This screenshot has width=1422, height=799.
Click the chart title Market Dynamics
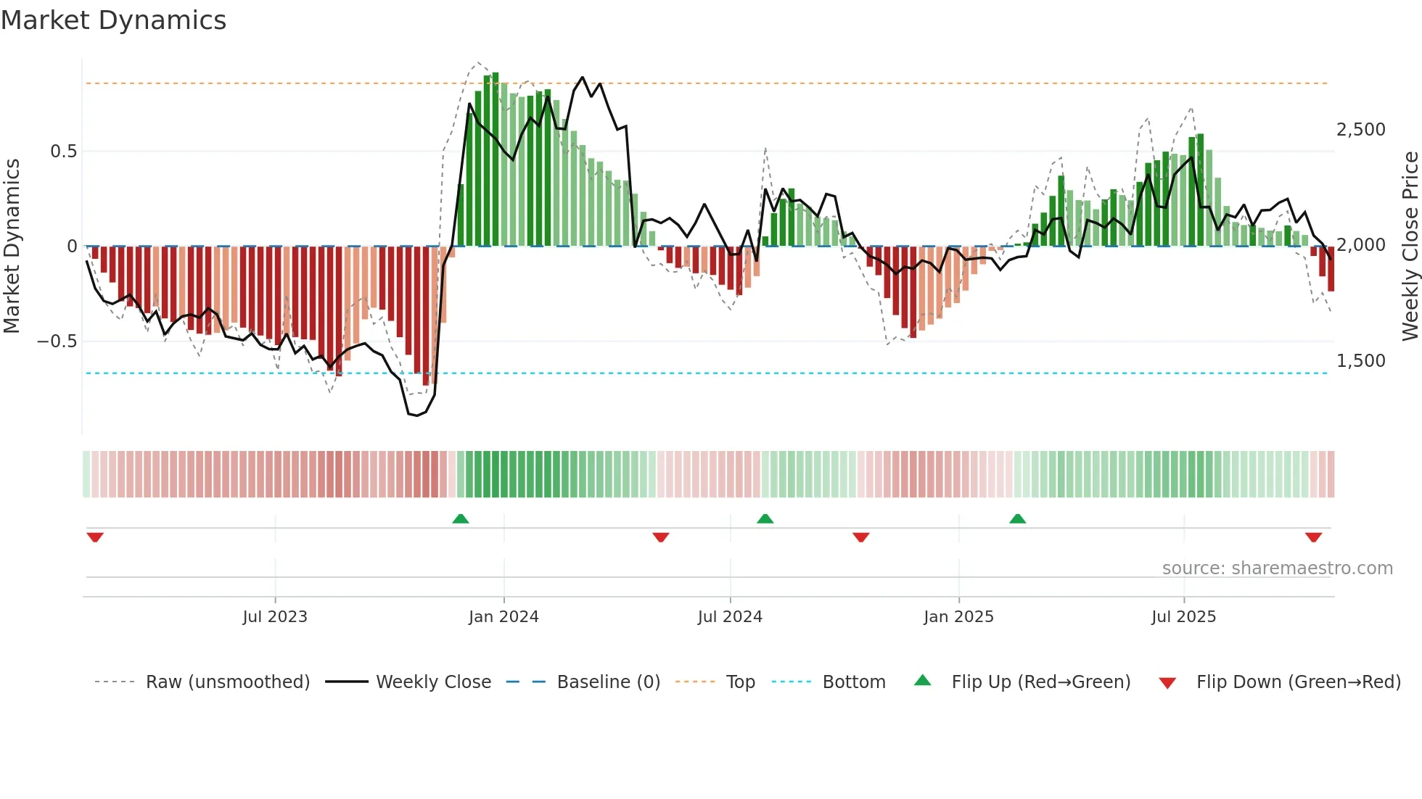[x=113, y=20]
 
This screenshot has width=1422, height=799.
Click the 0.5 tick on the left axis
[x=63, y=152]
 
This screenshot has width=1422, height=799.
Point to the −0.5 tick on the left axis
[x=57, y=341]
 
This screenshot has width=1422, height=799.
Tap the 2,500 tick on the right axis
[x=1360, y=130]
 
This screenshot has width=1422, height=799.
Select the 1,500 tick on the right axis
[x=1360, y=361]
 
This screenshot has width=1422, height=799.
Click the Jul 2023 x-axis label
[x=275, y=617]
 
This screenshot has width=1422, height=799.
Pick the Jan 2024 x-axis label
[x=504, y=617]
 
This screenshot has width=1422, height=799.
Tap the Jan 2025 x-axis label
[x=958, y=617]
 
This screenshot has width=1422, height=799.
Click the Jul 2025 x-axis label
[x=1183, y=617]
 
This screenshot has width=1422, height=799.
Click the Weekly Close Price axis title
[x=1410, y=247]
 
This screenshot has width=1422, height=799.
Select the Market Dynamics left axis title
[x=12, y=247]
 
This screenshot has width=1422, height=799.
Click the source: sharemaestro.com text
[x=1277, y=568]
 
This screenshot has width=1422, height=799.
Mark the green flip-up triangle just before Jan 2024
[x=461, y=519]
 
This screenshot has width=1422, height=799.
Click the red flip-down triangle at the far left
[x=95, y=537]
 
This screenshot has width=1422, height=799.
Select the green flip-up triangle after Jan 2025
[x=1017, y=519]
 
